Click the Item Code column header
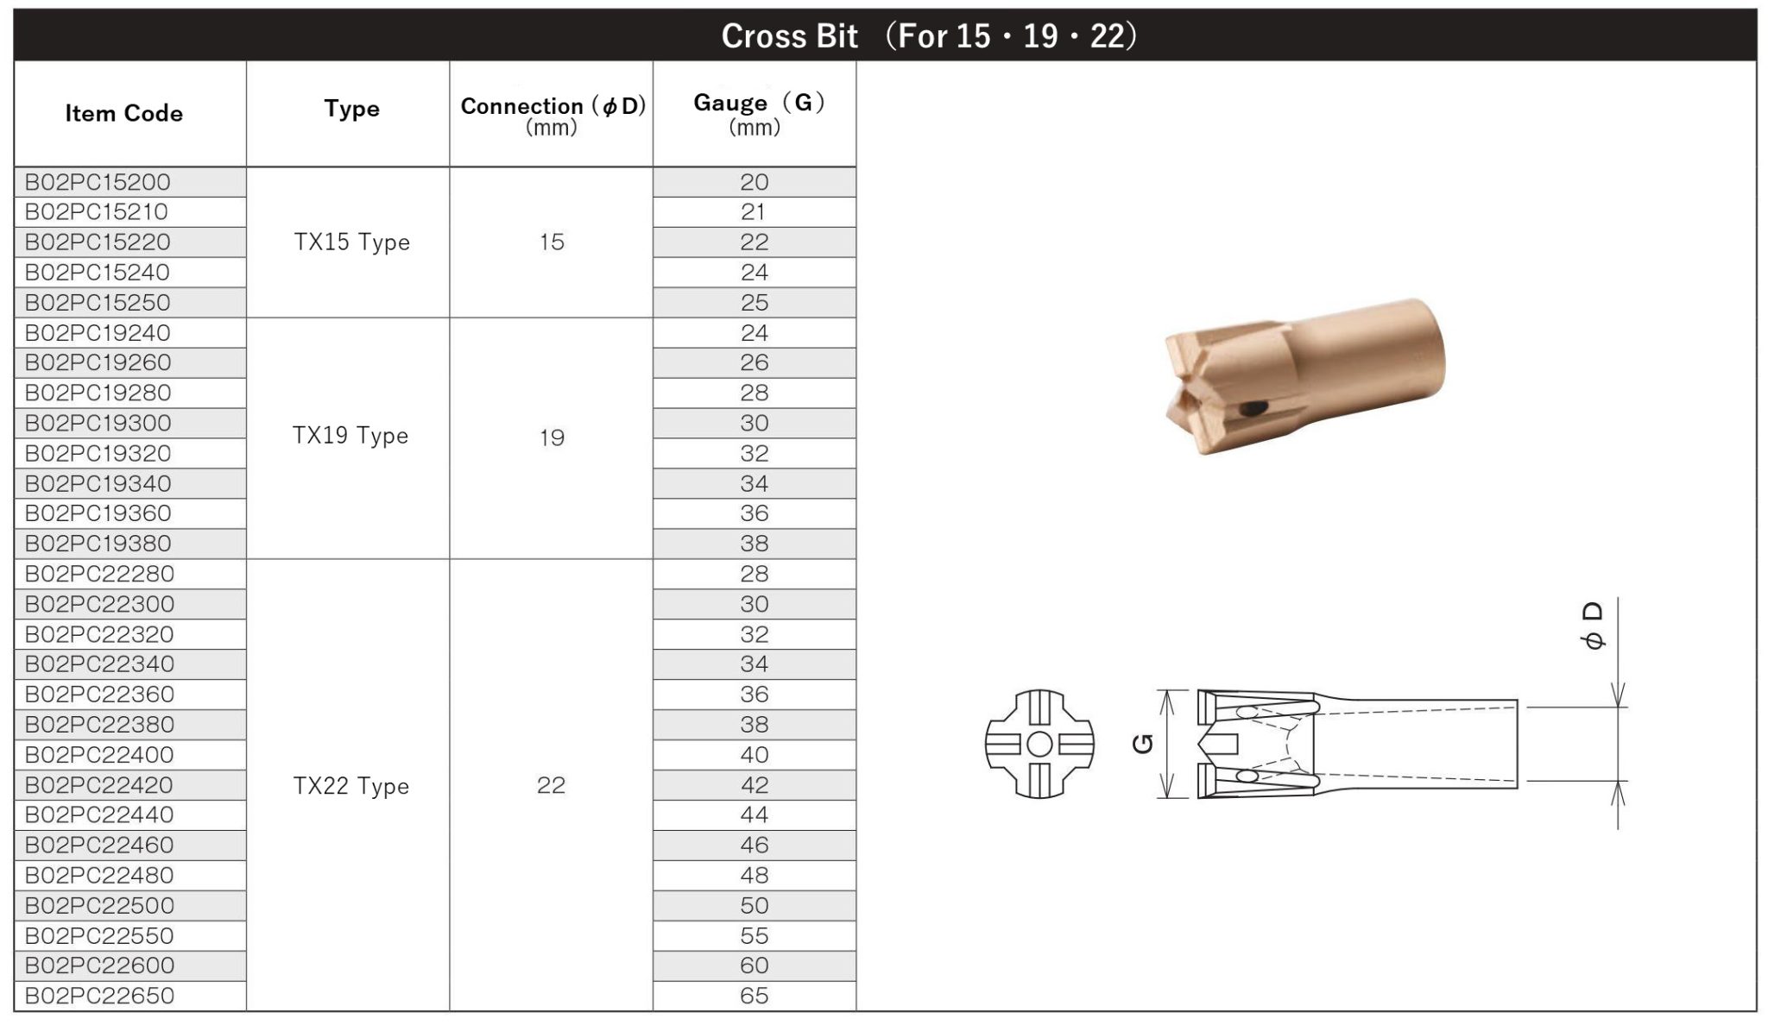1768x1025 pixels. pyautogui.click(x=123, y=113)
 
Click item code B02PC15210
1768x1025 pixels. pyautogui.click(x=97, y=212)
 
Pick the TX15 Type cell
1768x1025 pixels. pyautogui.click(x=351, y=242)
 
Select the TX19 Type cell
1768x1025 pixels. pyautogui.click(x=350, y=436)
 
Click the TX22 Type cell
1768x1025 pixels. pyautogui.click(x=350, y=786)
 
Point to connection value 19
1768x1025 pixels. pyautogui.click(x=552, y=437)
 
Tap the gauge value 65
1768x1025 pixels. pyautogui.click(x=754, y=996)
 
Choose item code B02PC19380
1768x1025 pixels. pyautogui.click(x=98, y=544)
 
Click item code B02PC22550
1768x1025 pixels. pyautogui.click(x=99, y=935)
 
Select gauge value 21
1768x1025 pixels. pyautogui.click(x=753, y=212)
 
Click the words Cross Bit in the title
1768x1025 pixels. pyautogui.click(x=789, y=36)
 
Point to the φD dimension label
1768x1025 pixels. pyautogui.click(x=1594, y=626)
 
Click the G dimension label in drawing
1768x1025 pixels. pyautogui.click(x=1142, y=743)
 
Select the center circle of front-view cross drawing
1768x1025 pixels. pyautogui.click(x=1039, y=744)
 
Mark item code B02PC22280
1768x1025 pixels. pyautogui.click(x=99, y=574)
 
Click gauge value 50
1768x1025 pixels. pyautogui.click(x=754, y=905)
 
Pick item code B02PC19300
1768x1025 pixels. pyautogui.click(x=98, y=423)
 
